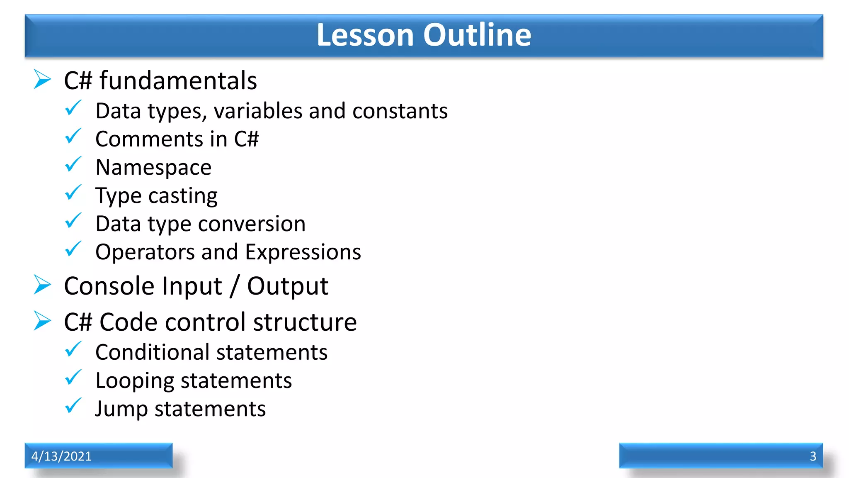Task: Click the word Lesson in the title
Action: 365,35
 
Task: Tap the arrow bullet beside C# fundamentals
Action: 42,79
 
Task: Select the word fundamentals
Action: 178,80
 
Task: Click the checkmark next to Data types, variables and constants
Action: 73,108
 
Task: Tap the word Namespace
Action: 153,168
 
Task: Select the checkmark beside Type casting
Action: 73,193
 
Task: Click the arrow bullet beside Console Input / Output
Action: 42,285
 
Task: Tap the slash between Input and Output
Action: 235,286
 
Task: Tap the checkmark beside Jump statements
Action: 73,406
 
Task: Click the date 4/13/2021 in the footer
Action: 61,456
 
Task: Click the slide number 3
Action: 813,456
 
